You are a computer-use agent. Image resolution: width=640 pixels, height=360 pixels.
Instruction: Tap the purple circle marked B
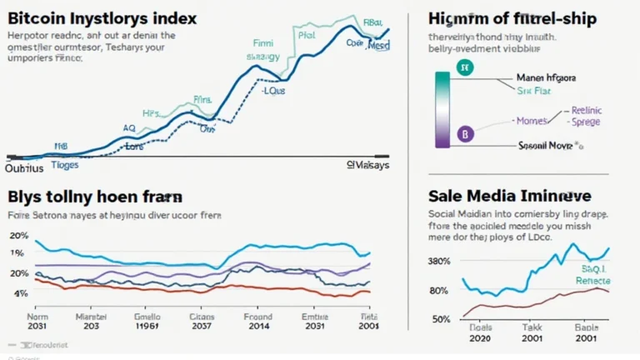tap(465, 132)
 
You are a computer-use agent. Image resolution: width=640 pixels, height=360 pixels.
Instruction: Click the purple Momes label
tap(533, 120)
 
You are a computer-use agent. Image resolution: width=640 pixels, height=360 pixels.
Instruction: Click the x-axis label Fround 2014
tap(257, 322)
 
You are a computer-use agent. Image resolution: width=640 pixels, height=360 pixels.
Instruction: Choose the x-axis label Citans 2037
tap(202, 322)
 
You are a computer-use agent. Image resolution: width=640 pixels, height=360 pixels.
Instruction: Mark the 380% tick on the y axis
tap(440, 260)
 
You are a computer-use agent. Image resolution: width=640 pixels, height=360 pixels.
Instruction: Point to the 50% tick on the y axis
tap(442, 319)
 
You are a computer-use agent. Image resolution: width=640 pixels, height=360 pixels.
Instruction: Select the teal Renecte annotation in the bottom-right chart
tap(592, 281)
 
